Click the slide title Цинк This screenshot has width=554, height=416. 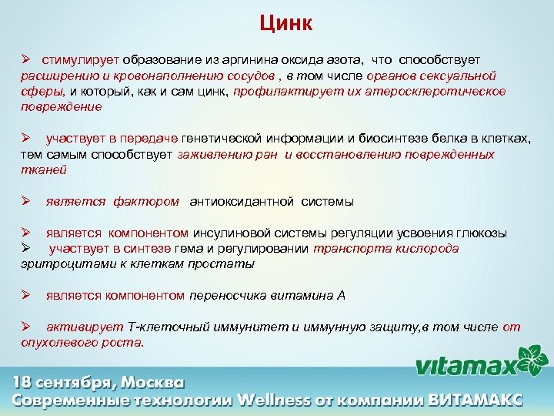[x=285, y=23]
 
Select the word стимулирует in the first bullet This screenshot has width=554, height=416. [x=81, y=59]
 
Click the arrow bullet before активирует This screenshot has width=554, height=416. [x=25, y=327]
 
